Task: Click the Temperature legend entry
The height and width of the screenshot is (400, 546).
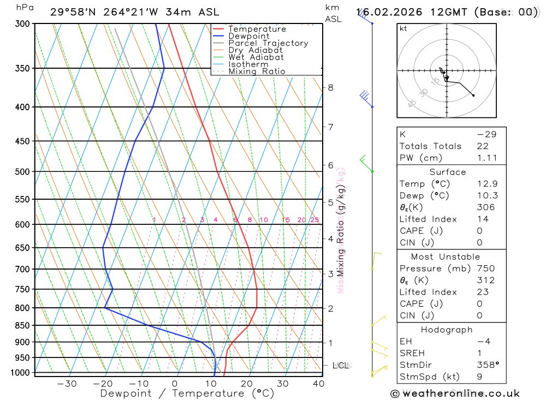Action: (257, 29)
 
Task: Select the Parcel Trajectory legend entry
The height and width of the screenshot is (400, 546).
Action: (268, 43)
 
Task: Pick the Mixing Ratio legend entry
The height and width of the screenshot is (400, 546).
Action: (257, 71)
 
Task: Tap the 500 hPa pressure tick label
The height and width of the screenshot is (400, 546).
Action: (22, 171)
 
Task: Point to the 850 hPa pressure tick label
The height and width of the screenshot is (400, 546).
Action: (22, 325)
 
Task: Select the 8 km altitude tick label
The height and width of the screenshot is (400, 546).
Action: (330, 87)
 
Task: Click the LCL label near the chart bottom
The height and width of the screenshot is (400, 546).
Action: (341, 365)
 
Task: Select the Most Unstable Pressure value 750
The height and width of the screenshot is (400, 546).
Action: (485, 268)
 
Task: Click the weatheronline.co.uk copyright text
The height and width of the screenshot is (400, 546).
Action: (455, 393)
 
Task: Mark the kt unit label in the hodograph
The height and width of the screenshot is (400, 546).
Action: (403, 28)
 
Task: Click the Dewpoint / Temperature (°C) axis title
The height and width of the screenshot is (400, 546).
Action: (187, 393)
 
